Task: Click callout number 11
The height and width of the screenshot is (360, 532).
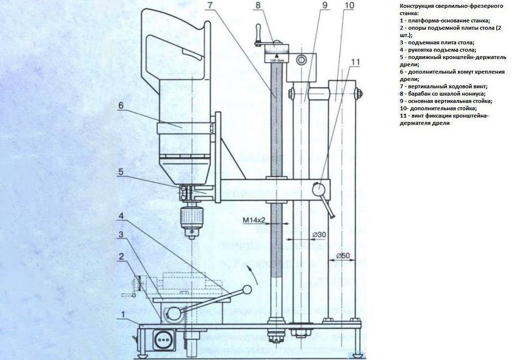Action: (355, 62)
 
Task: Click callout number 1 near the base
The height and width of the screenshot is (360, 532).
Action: (124, 314)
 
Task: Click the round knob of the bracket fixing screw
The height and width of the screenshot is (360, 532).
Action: (320, 188)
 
